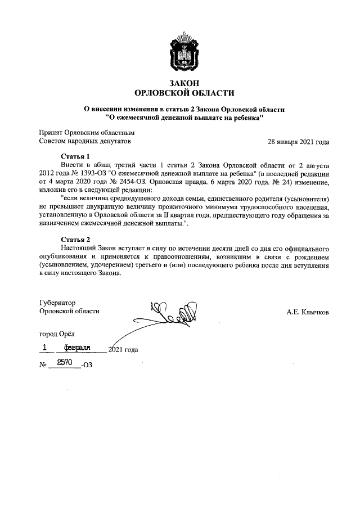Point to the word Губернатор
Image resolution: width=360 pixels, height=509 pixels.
pos(57,303)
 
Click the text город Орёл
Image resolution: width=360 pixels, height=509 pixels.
pos(56,335)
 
